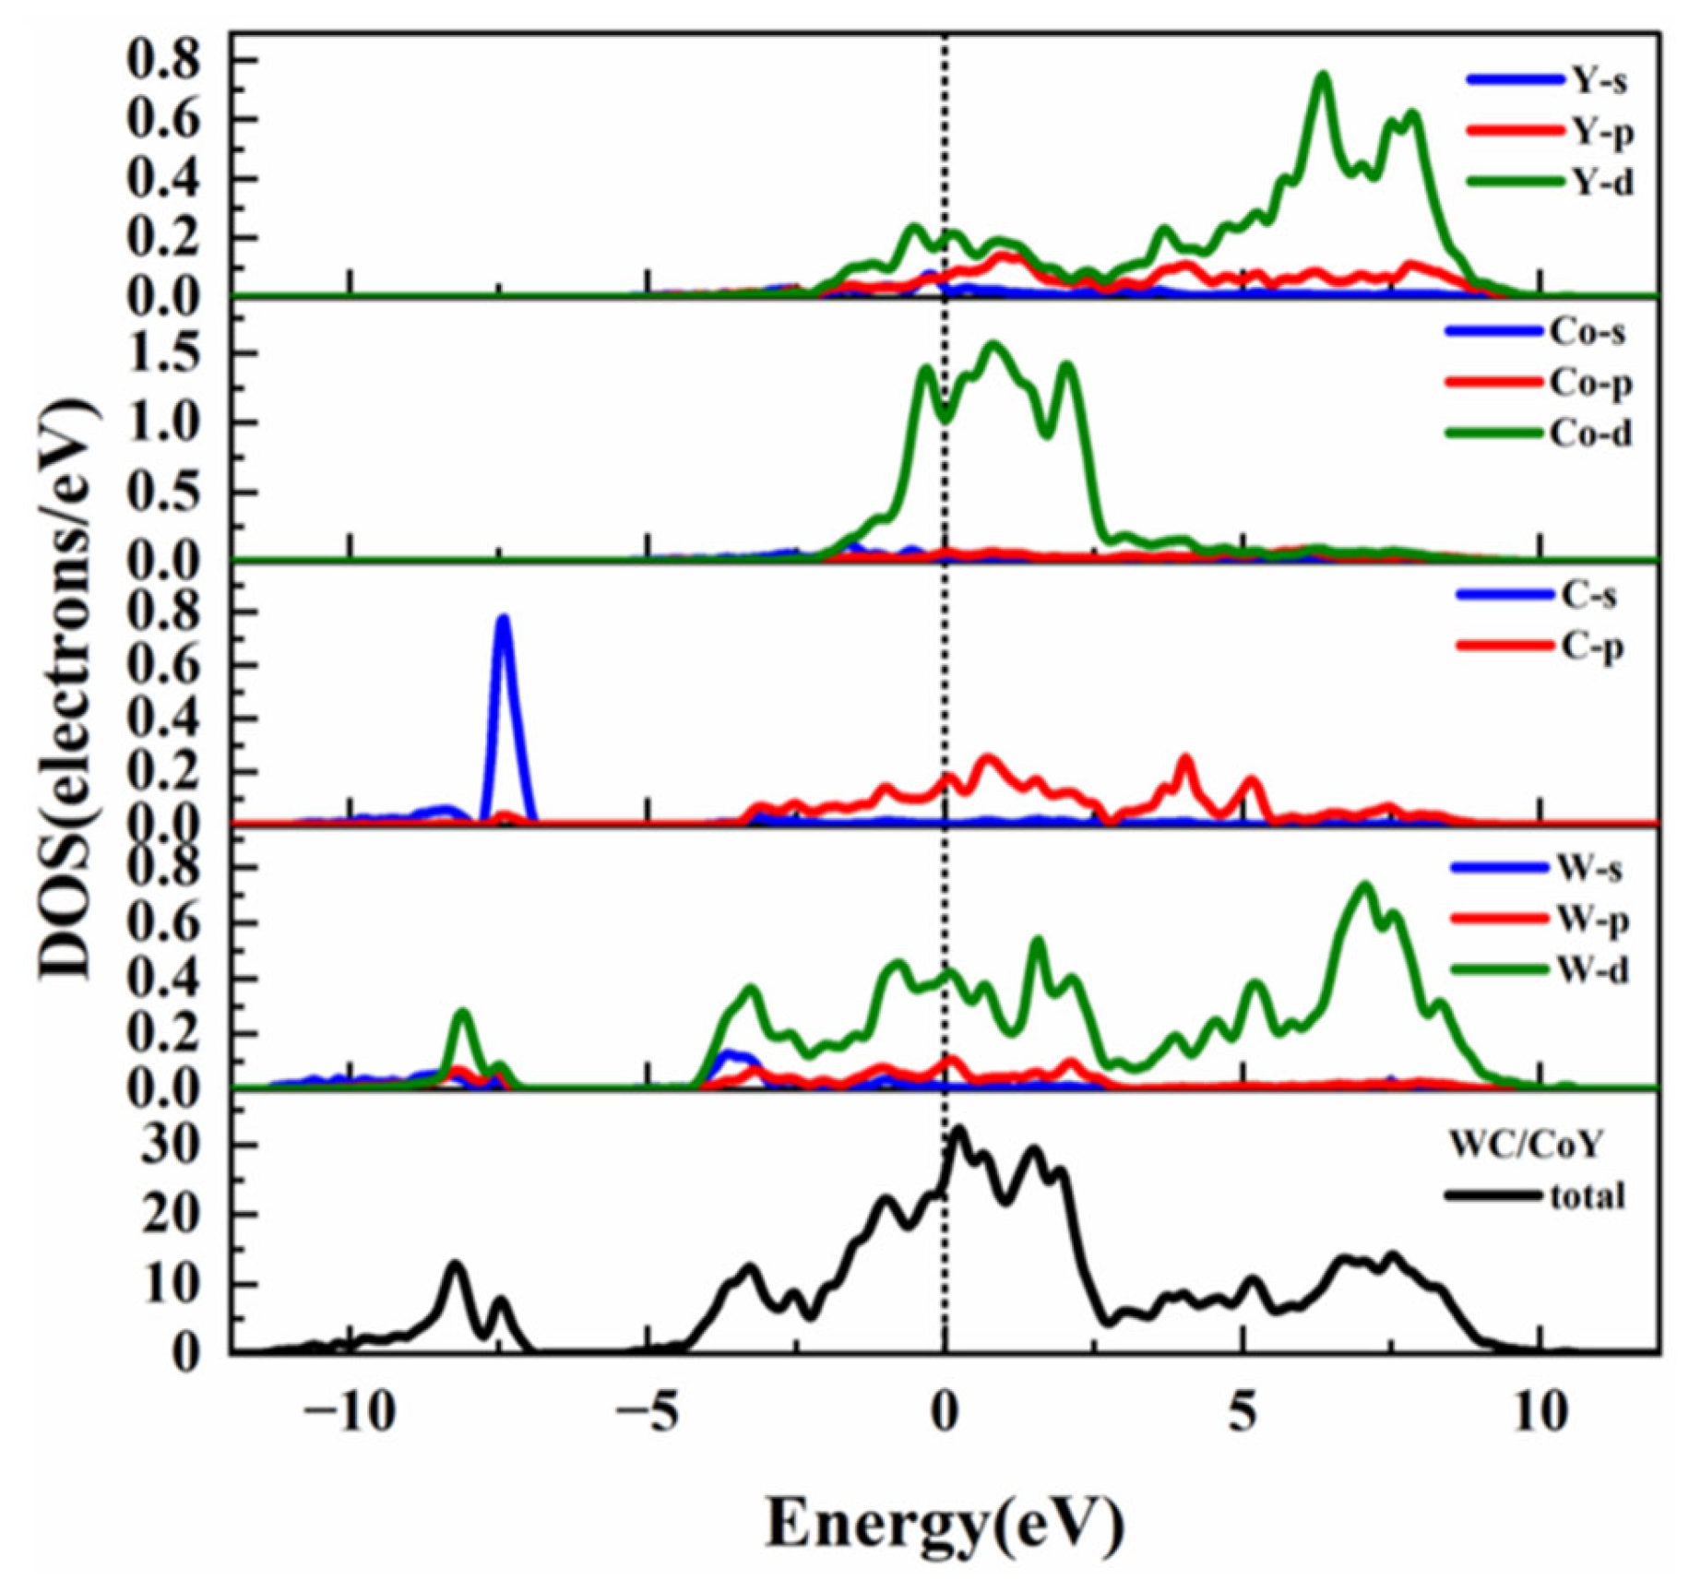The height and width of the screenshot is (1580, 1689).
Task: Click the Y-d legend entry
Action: [x=1550, y=182]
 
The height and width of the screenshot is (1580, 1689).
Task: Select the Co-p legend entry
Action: [x=1539, y=382]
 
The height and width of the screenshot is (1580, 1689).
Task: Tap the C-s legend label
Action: [x=1588, y=596]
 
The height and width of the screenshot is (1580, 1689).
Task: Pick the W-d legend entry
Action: [x=1541, y=969]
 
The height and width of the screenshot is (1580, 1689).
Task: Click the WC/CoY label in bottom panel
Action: [x=1526, y=1145]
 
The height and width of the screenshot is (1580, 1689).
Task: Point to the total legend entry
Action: [x=1536, y=1196]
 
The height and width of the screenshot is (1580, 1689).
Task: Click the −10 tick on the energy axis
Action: [x=347, y=1413]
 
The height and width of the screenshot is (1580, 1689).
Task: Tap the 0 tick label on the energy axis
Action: [x=943, y=1413]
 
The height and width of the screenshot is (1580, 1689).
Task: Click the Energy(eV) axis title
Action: [x=945, y=1524]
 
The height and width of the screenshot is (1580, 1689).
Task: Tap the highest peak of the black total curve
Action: [x=959, y=1130]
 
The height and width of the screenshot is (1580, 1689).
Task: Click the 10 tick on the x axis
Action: [x=1540, y=1413]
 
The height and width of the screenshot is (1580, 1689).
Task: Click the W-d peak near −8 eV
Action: [x=463, y=1015]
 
